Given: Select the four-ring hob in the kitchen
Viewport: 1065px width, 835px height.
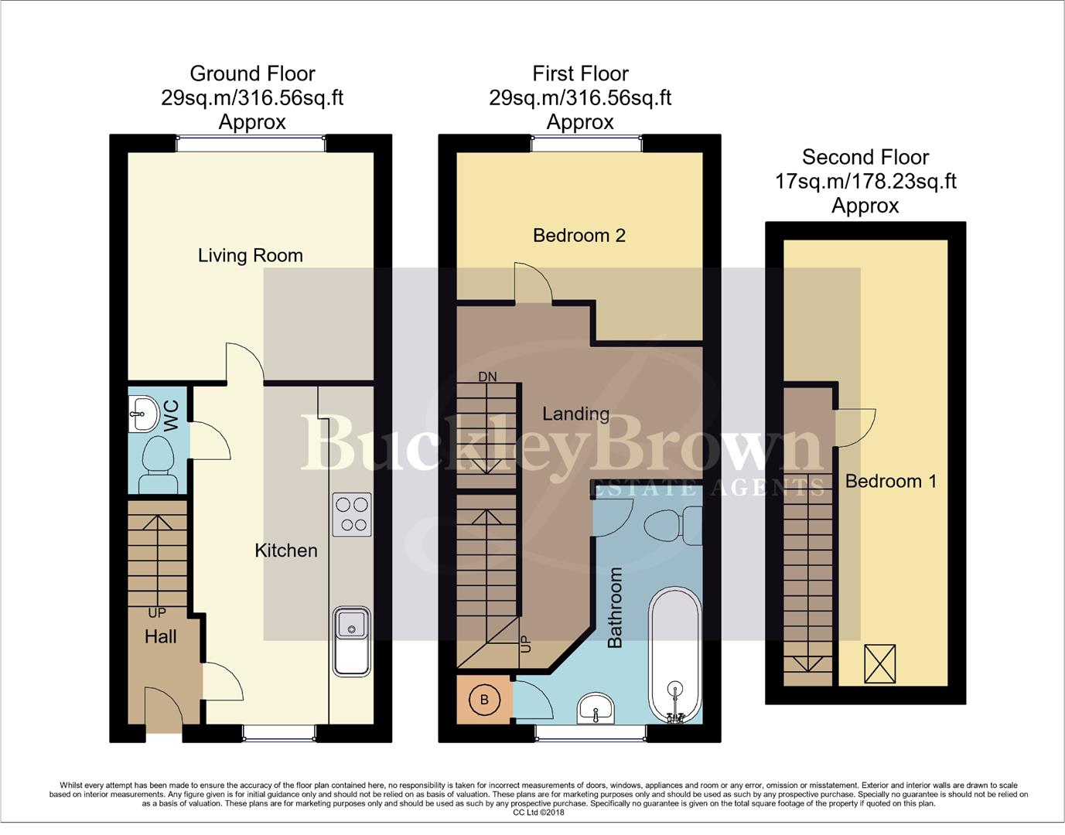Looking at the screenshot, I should (x=352, y=514).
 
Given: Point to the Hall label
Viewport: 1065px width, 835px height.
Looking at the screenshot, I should (x=161, y=636).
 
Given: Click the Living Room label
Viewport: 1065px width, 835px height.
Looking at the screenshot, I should (x=250, y=255).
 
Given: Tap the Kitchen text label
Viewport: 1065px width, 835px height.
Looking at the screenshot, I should (x=286, y=550).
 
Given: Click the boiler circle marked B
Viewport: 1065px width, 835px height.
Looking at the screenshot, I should (x=485, y=700).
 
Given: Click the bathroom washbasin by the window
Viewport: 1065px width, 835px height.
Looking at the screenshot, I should (x=596, y=707).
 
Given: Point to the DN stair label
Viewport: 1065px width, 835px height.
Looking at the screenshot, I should (x=487, y=377).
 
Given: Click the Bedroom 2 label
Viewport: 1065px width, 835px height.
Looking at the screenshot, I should (x=579, y=235).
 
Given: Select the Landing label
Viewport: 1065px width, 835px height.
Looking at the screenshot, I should (x=575, y=414).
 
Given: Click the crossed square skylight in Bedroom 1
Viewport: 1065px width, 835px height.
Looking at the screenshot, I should (x=879, y=664).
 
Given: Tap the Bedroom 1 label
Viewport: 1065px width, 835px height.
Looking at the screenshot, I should (x=890, y=481).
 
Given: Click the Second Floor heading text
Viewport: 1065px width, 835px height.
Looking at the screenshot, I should (x=865, y=157).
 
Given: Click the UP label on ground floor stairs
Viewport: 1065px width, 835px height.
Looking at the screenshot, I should (x=157, y=613).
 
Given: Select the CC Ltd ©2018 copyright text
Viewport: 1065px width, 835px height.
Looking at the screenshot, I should (x=538, y=813).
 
